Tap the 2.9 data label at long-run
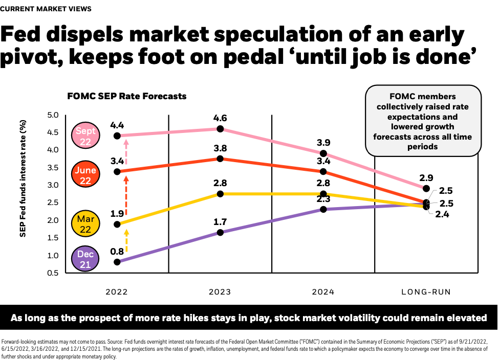(426, 177)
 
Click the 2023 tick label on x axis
(220, 292)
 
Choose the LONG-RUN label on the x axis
(426, 292)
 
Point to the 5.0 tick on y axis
(52, 115)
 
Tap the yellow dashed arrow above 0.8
(126, 241)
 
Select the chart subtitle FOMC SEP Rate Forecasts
(127, 96)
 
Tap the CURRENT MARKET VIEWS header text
(47, 9)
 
